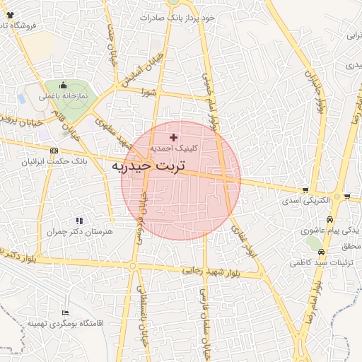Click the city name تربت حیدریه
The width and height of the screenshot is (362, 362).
148,166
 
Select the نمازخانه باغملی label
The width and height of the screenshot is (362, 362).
64,95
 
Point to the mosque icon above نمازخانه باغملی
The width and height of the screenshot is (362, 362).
64,85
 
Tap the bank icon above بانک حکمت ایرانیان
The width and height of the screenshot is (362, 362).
54,151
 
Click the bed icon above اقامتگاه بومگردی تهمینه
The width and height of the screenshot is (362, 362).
66,313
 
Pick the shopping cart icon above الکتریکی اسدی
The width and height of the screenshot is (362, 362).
305,189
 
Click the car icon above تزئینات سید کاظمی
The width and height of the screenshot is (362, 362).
320,251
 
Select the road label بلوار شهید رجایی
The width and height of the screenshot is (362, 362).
211,270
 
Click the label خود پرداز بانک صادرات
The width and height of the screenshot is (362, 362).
173,17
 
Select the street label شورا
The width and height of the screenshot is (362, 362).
148,92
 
